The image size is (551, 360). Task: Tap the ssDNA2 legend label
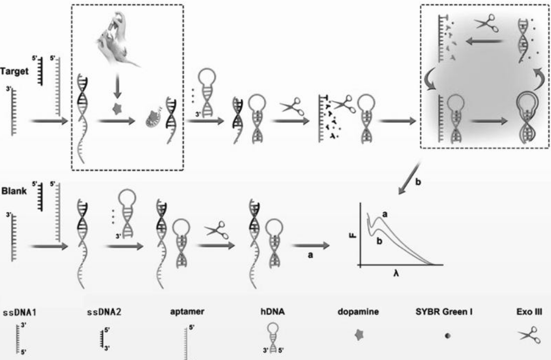pos(102,312)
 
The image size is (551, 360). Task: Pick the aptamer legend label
pos(189,312)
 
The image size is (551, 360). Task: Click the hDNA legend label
pos(272,312)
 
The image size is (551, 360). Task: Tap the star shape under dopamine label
pos(357,336)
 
